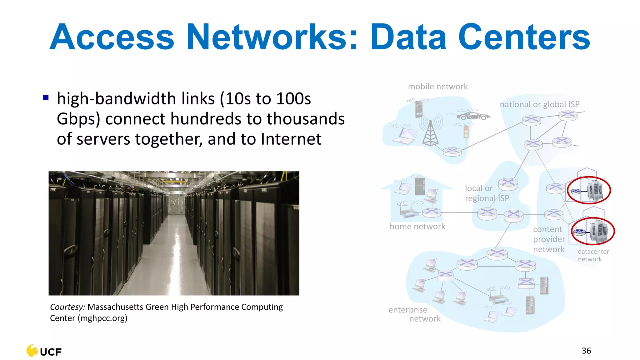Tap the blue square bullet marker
tap(46, 97)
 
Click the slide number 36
tap(586, 351)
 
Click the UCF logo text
tap(51, 352)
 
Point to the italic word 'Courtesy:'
tap(67, 307)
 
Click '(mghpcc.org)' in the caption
tap(102, 318)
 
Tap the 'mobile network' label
tap(438, 87)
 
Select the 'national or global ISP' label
tap(539, 104)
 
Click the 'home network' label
tap(417, 226)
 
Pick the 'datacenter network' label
tap(593, 255)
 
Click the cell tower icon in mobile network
tap(430, 133)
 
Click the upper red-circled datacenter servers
tap(589, 190)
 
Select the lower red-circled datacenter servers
tap(593, 231)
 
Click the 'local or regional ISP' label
tap(486, 193)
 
